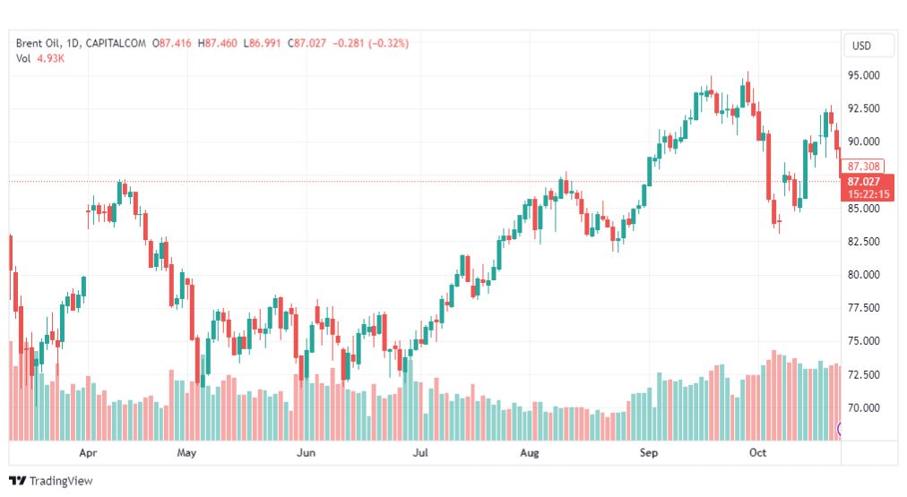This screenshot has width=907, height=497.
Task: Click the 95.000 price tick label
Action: (x=864, y=75)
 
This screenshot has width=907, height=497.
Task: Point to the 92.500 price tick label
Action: (x=864, y=108)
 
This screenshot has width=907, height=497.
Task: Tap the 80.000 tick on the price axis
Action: (x=864, y=275)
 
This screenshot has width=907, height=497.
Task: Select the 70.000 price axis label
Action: (x=864, y=407)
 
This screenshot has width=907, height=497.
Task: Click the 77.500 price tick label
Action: (x=864, y=307)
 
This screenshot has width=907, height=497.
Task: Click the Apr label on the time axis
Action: (x=88, y=453)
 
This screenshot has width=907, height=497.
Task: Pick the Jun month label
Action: (x=306, y=452)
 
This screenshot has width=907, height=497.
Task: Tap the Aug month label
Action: (x=530, y=453)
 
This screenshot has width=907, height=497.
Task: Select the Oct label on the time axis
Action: (x=757, y=452)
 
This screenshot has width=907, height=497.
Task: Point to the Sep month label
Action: (x=649, y=453)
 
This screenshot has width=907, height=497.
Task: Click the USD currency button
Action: (x=861, y=46)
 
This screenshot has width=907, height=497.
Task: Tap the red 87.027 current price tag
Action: (x=864, y=182)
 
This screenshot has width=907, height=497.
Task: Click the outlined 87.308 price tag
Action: (x=863, y=167)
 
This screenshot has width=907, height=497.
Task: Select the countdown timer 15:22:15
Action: (x=868, y=194)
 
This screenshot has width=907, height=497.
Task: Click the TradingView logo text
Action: (x=61, y=481)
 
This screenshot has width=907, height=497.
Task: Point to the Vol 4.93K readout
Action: (x=40, y=58)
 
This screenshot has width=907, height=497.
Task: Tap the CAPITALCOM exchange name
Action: (x=116, y=43)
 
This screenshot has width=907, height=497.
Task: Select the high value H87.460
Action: (x=218, y=43)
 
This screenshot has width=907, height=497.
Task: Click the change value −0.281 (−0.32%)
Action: (x=371, y=43)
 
